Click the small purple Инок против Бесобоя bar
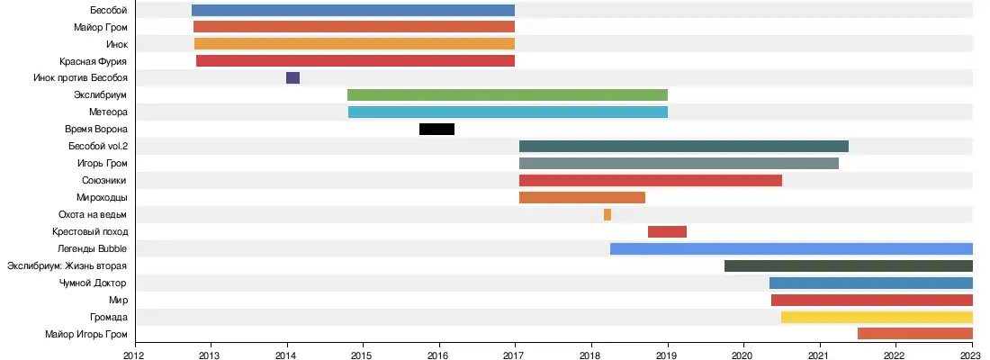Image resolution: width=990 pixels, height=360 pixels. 292,78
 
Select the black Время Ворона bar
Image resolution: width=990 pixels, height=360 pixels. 436,129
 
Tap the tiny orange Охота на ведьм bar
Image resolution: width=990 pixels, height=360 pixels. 607,214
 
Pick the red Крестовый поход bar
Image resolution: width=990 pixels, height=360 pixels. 667,231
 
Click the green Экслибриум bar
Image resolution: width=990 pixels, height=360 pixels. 508,94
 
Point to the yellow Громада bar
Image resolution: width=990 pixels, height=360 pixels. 877,317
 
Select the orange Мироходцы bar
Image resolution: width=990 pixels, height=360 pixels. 582,197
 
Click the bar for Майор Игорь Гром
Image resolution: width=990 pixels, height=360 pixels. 914,334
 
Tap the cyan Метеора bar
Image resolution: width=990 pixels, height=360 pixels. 508,112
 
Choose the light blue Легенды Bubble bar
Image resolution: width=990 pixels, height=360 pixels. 791,248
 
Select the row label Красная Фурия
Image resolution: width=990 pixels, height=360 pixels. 94,61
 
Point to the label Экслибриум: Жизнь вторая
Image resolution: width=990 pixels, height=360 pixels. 67,265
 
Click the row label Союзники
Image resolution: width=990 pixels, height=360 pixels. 104,180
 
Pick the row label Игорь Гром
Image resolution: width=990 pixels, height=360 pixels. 103,163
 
